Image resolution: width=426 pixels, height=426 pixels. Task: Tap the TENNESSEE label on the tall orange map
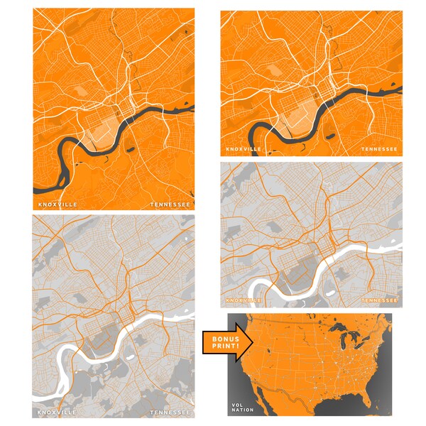(170, 204)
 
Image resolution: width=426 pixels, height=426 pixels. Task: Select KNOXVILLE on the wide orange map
(244, 149)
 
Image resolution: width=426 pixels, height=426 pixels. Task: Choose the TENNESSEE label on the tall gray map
(170, 412)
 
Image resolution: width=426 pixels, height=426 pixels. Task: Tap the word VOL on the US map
(237, 405)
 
